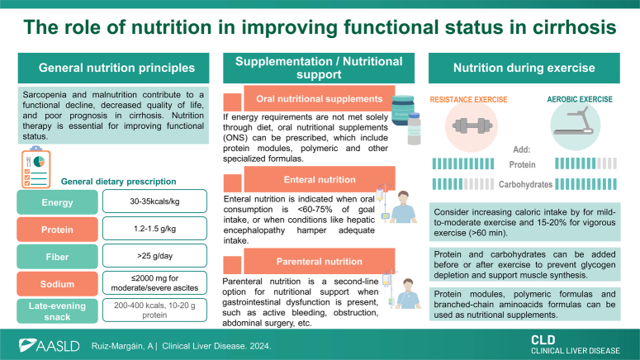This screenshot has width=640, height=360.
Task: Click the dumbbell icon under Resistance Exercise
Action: coord(472,126)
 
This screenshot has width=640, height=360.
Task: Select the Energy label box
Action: coord(57,202)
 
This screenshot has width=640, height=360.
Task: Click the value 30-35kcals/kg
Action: coord(154,201)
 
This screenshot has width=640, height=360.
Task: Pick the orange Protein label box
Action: coord(57,230)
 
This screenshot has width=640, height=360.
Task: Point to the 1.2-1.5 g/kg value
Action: coord(154,229)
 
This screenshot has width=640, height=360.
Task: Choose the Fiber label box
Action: coord(57,257)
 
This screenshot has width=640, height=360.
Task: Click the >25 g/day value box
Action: coord(154,256)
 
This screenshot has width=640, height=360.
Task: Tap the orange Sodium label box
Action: coord(57,284)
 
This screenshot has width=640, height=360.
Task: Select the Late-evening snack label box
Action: coord(57,311)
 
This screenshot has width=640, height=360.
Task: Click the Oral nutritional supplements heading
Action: coord(320,98)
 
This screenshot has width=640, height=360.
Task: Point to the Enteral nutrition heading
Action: coord(320,179)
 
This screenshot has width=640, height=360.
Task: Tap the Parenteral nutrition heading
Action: coord(320,261)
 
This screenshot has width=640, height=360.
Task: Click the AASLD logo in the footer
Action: coord(49,346)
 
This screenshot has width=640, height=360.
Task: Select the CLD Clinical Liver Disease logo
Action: coord(575,345)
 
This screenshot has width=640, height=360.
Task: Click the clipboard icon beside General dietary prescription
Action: coord(36,168)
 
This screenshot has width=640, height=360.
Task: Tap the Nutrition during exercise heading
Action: coord(524,68)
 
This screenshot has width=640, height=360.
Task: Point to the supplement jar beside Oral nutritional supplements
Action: coord(402,111)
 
